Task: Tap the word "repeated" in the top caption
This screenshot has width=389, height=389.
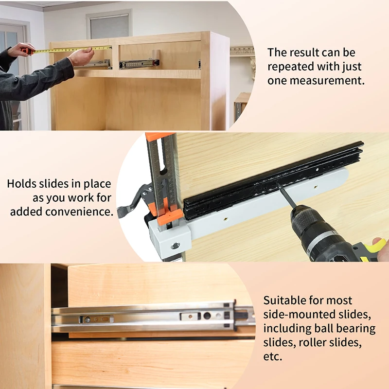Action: coord(290,67)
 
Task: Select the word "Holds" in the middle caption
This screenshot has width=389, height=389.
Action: coord(21,184)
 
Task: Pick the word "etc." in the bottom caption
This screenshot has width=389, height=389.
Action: coord(273,357)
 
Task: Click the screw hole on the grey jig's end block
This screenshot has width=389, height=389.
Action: coord(176,246)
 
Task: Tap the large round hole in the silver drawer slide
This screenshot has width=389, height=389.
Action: coord(207,316)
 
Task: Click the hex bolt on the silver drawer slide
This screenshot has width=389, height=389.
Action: coord(88,319)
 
